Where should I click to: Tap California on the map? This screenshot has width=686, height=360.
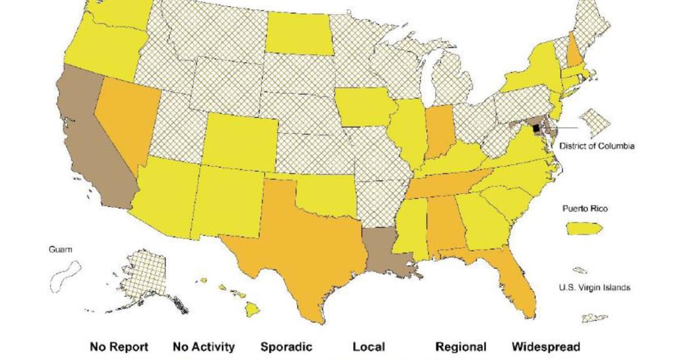click(97, 149)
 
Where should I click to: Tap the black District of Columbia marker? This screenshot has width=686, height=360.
click(536, 128)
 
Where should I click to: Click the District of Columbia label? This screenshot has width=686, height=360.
click(596, 146)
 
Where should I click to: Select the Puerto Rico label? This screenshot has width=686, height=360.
click(584, 209)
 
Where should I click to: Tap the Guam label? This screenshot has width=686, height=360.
click(61, 250)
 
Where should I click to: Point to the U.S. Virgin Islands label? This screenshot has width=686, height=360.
click(595, 287)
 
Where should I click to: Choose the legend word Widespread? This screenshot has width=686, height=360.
click(545, 347)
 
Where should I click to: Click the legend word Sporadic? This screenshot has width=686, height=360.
click(286, 347)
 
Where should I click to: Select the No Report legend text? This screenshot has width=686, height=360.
click(119, 347)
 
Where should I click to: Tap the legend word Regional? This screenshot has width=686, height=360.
click(461, 347)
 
